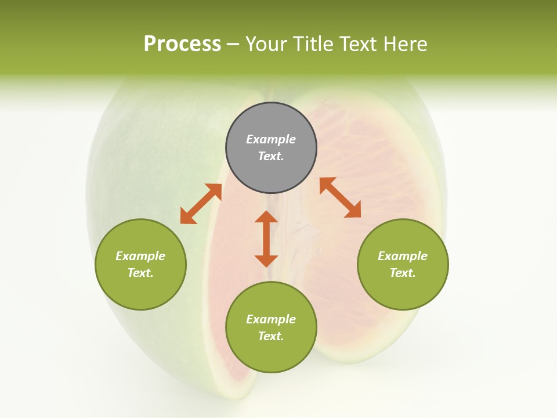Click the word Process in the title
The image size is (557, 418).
coord(182,44)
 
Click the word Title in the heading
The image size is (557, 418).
coord(312,44)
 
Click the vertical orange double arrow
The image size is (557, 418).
coord(266,239)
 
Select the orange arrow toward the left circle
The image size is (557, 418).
coord(201,204)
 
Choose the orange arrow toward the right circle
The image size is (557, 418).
coord(340,197)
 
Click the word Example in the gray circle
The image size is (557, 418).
coord(271,139)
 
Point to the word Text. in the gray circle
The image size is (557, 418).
coord(271,156)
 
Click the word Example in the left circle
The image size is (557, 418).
coord(140,256)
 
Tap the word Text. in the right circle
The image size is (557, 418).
coord(403,273)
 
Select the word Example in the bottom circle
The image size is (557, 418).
coord(271,319)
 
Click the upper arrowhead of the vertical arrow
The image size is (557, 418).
coord(266,217)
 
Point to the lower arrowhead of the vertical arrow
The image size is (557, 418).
coord(266,260)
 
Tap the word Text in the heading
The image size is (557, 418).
coord(357,44)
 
